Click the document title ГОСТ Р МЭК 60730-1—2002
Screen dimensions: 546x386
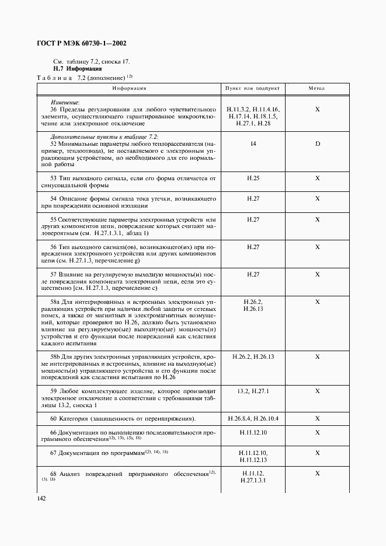pyautogui.click(x=82, y=43)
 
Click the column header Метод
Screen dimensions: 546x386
pyautogui.click(x=317, y=88)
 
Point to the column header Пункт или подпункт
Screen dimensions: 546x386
pyautogui.click(x=252, y=88)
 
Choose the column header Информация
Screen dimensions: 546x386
pyautogui.click(x=130, y=88)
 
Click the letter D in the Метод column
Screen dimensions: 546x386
pyautogui.click(x=318, y=143)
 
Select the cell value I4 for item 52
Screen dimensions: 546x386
pyautogui.click(x=253, y=143)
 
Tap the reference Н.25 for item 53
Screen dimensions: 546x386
pyautogui.click(x=253, y=178)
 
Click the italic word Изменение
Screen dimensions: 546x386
pyautogui.click(x=65, y=102)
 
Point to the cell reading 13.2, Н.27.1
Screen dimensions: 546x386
pyautogui.click(x=253, y=391)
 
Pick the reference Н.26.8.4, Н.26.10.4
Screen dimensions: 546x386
pyautogui.click(x=253, y=418)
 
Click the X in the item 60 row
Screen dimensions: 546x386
pyautogui.click(x=318, y=418)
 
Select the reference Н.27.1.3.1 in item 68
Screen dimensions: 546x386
pyautogui.click(x=253, y=481)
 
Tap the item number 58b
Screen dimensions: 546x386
pyautogui.click(x=57, y=356)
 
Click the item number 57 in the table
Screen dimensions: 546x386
pyautogui.click(x=53, y=274)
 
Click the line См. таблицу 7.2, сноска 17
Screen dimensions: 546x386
pyautogui.click(x=91, y=61)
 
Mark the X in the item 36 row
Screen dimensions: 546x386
pyautogui.click(x=318, y=109)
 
